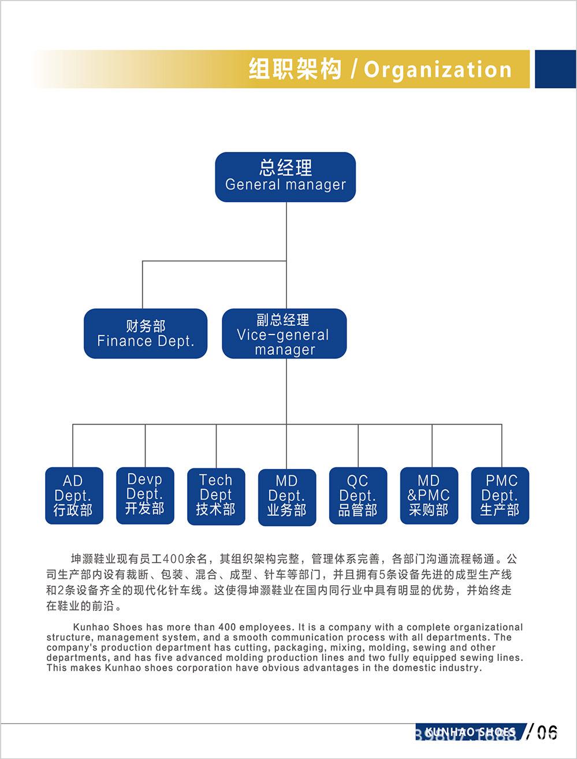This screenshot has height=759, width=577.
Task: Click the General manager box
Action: click(285, 177)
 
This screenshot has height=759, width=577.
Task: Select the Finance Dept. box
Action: click(146, 333)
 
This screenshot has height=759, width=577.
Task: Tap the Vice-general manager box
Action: click(284, 333)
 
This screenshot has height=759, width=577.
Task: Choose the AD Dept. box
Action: click(74, 496)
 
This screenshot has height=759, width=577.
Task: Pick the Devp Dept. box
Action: click(145, 495)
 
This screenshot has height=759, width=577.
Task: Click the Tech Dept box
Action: click(216, 496)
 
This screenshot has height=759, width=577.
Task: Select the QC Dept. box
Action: click(358, 496)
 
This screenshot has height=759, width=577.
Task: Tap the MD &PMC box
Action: click(429, 496)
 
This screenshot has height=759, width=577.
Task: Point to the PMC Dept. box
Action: click(500, 496)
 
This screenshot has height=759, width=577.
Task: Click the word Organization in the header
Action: click(438, 70)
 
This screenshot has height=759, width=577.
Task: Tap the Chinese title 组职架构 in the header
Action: click(295, 69)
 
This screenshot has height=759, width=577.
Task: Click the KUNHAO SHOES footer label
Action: click(470, 732)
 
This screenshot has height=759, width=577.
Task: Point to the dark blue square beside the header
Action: click(555, 69)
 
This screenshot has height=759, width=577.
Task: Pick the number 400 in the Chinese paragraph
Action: click(174, 559)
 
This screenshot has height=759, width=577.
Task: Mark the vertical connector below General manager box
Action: click(286, 231)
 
